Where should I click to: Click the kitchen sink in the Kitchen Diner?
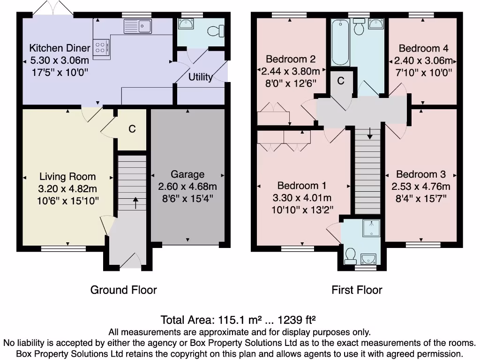[x=137, y=26]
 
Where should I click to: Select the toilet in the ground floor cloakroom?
[x=215, y=31]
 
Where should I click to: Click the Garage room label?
[x=187, y=174]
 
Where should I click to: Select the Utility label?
[x=200, y=77]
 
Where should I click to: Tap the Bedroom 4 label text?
[x=423, y=48]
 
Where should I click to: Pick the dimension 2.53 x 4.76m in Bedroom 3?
[x=420, y=187]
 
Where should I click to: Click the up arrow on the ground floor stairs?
[x=136, y=202]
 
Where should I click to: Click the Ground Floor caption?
[x=123, y=290]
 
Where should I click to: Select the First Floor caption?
[x=357, y=290]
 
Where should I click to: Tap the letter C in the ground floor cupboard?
[x=132, y=128]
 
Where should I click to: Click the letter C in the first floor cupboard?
[x=341, y=81]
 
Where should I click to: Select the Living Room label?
[x=67, y=177]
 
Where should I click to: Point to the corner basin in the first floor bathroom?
[x=376, y=24]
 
